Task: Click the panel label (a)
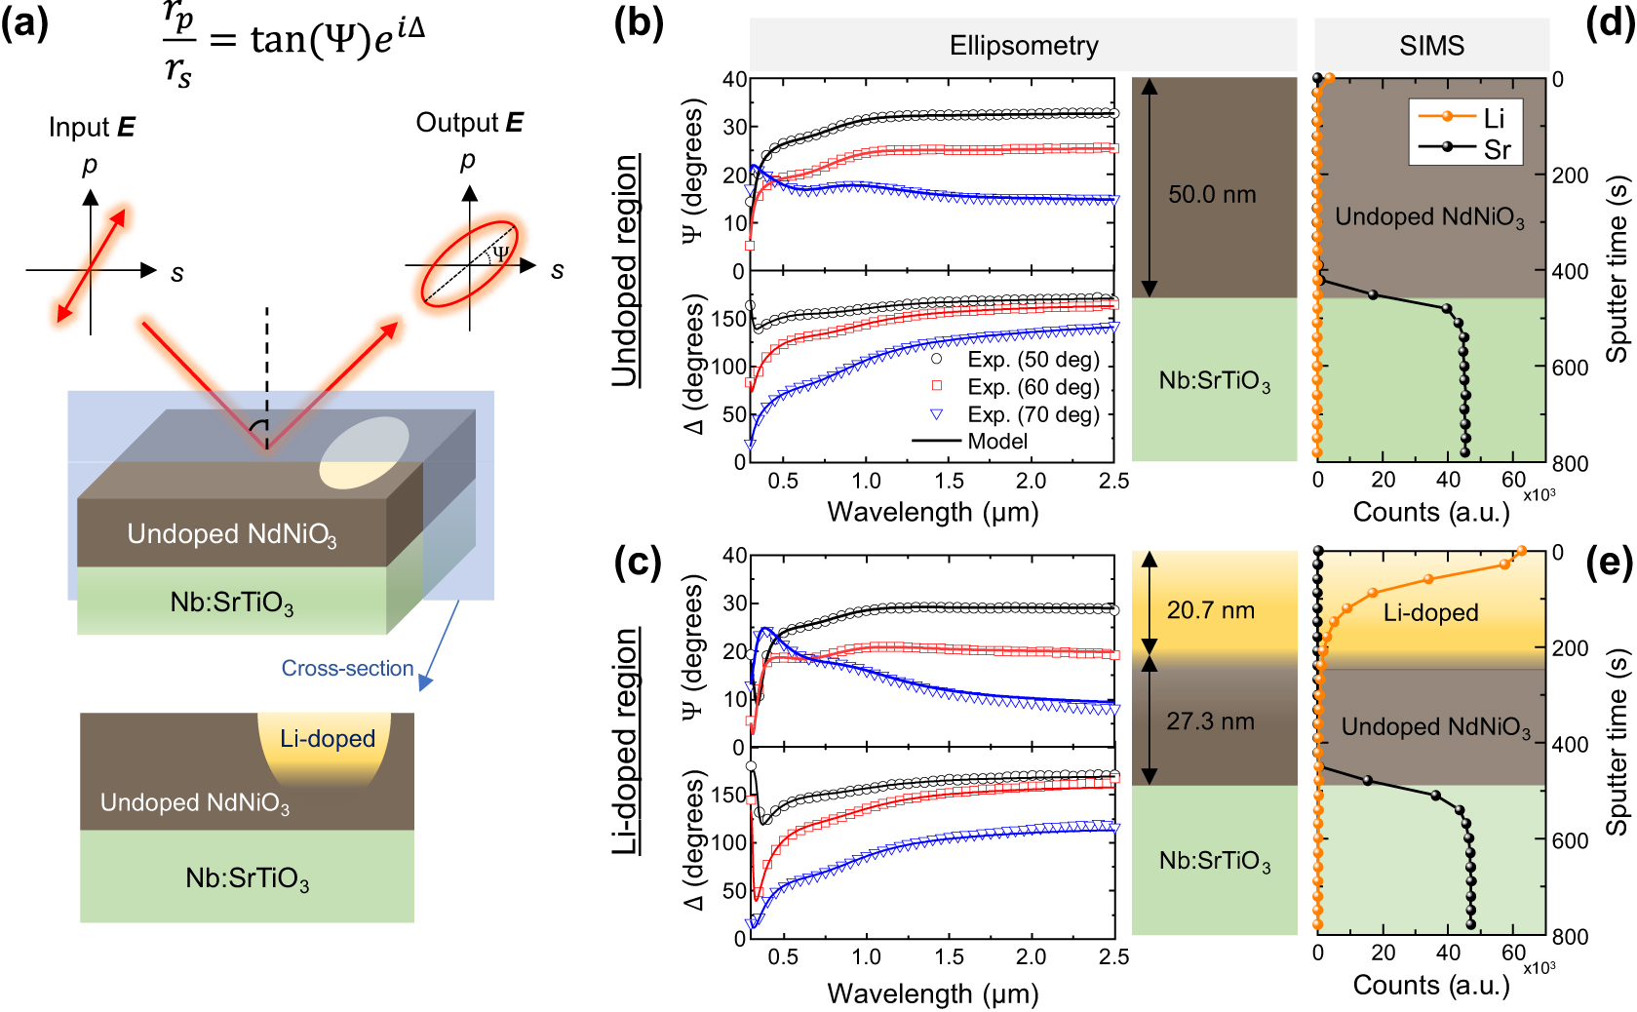[24, 21]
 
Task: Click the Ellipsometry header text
[1024, 46]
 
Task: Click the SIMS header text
[1431, 46]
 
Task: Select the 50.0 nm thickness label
[1212, 195]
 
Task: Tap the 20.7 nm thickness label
[1210, 611]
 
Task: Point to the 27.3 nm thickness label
[1210, 721]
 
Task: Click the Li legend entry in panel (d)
[1493, 118]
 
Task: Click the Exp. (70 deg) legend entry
[1033, 414]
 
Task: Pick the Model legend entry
[996, 442]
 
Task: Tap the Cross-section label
[347, 669]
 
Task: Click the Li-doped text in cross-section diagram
[328, 739]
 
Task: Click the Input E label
[92, 128]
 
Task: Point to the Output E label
[469, 123]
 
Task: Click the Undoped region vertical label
[625, 270]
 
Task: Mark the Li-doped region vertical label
[625, 741]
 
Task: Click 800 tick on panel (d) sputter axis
[1570, 463]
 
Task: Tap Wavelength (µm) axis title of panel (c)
[932, 993]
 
